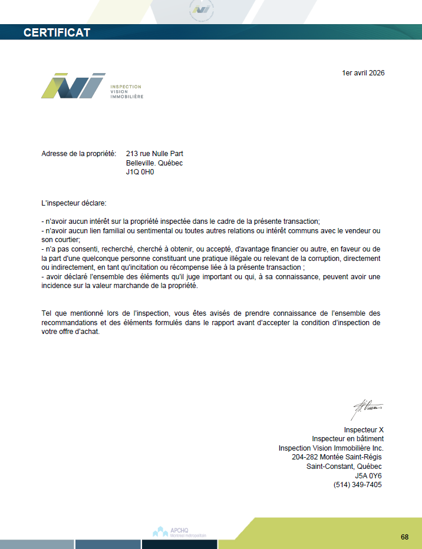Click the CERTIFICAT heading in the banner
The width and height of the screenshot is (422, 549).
57,32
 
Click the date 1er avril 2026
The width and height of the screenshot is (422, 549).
362,73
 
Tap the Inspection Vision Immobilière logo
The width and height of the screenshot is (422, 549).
92,86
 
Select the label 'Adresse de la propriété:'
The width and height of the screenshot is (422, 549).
78,154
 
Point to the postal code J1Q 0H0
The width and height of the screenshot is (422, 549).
140,171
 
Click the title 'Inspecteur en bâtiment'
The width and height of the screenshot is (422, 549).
348,439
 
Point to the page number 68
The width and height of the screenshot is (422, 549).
404,537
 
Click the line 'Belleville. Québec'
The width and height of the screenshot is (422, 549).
154,163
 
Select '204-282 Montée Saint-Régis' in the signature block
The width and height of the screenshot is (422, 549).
337,457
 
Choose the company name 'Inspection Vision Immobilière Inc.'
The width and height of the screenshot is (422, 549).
331,448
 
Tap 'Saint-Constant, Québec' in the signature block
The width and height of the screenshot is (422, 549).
344,467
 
